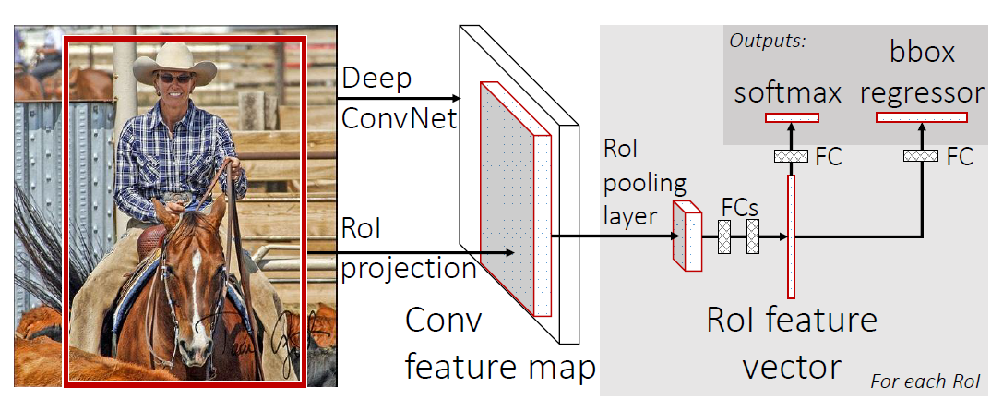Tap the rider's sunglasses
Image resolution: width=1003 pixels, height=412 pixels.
coord(173,79)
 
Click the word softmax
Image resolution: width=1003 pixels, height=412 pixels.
coord(789,93)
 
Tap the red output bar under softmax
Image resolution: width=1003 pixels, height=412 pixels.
coord(792,117)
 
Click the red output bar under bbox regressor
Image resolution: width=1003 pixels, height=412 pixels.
coord(921,117)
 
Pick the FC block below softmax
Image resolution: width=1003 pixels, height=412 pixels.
coord(790,156)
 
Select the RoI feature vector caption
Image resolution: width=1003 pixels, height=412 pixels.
coord(792,343)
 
